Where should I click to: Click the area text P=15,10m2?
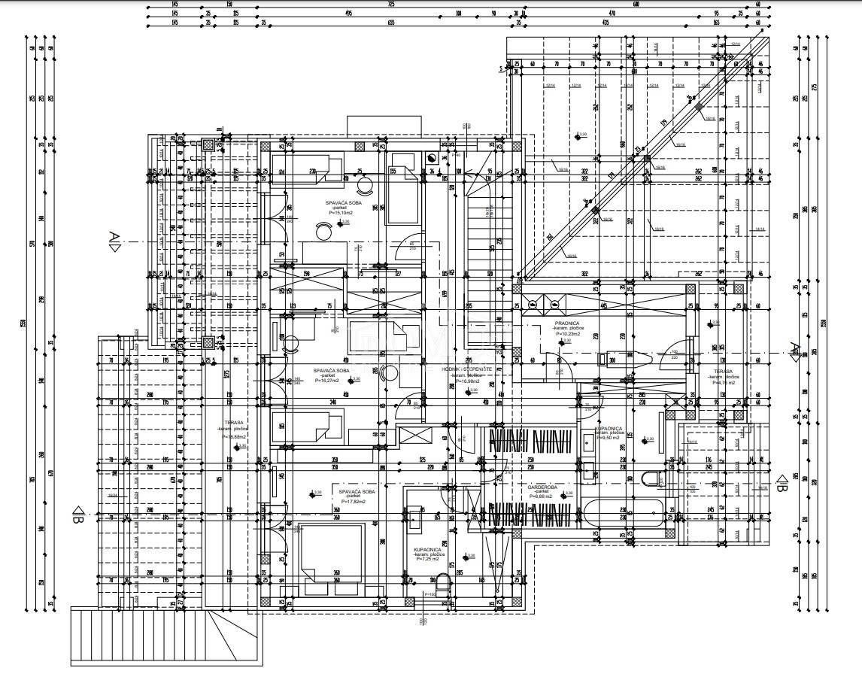[x=341, y=213]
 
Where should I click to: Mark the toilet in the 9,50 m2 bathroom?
[x=649, y=478]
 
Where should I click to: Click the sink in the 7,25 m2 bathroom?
[x=414, y=515]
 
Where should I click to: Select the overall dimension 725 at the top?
[x=390, y=5]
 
